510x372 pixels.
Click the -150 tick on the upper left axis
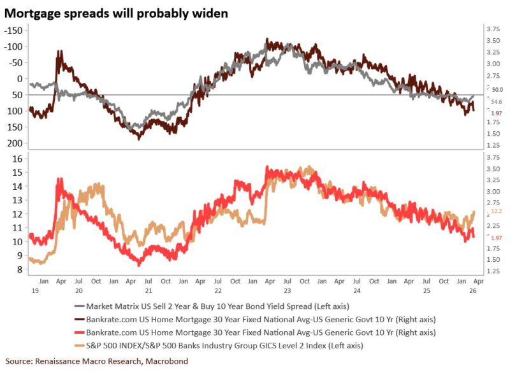point(13,31)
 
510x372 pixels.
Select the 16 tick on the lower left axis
point(17,158)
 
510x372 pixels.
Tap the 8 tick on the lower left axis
point(19,270)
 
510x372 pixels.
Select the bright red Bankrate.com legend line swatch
point(82,333)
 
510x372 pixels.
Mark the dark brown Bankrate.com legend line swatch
point(82,318)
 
